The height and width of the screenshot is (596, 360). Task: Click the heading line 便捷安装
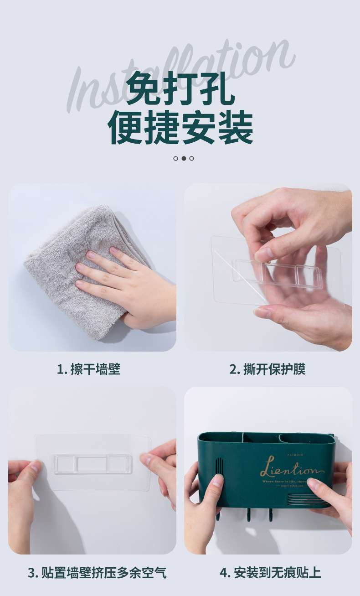[x=180, y=128]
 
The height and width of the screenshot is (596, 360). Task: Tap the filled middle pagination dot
[x=184, y=158]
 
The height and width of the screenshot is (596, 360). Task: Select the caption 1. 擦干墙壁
[x=89, y=369]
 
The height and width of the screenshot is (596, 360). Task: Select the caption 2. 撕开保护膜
[x=267, y=369]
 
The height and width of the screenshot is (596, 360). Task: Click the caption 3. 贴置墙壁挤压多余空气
[x=97, y=572]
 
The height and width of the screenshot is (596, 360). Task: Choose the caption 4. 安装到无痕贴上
[x=270, y=572]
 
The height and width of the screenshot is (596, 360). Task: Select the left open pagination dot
[x=176, y=158]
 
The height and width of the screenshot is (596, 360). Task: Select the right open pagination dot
[x=191, y=158]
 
